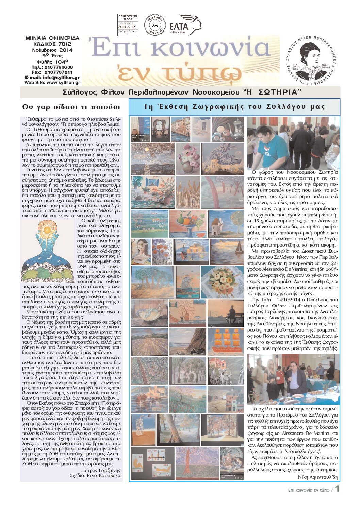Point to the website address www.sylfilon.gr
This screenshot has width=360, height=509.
[x=63, y=82]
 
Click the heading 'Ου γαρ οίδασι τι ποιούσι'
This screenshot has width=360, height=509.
[x=71, y=107]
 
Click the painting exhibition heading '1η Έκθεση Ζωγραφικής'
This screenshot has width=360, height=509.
[x=234, y=107]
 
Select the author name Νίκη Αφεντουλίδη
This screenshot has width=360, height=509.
[x=317, y=477]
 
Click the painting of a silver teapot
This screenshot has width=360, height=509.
[x=228, y=129]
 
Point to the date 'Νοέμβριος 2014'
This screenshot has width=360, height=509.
[x=52, y=50]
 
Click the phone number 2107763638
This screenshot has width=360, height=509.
[x=57, y=67]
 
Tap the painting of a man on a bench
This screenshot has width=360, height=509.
[x=226, y=313]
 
